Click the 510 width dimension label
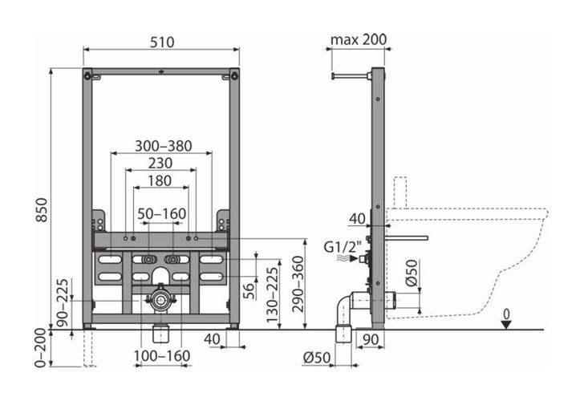click(x=162, y=42)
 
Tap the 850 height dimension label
click(x=42, y=210)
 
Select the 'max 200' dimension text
click(x=359, y=39)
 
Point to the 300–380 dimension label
click(x=163, y=146)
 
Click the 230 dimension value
click(x=160, y=163)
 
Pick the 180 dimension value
click(x=160, y=181)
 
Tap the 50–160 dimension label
click(x=162, y=214)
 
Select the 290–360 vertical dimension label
click(x=298, y=284)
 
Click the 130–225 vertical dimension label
click(x=273, y=295)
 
